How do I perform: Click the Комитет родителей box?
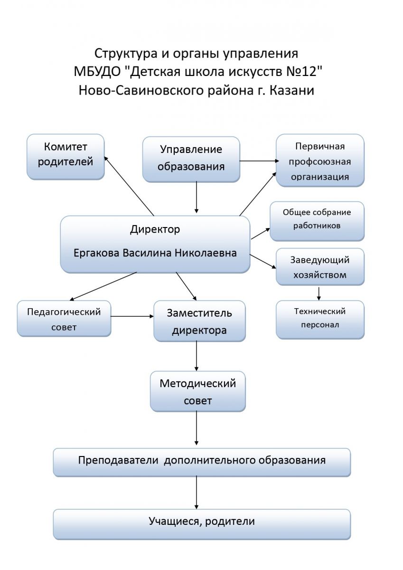coord(65,156)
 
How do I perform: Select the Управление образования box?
coord(191,159)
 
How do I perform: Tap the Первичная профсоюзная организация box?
coord(320,160)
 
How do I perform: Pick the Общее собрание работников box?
coord(317,221)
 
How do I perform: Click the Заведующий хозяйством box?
coord(320,266)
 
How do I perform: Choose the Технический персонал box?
coord(320,319)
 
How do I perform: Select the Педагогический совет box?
coord(64,319)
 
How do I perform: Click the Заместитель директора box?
coord(199,321)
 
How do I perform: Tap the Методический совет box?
coord(197,391)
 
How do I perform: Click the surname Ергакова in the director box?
coord(96,253)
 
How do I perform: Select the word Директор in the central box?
coord(155,229)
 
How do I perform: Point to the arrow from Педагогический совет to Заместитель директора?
coord(132,316)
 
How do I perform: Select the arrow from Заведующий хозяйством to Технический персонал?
coord(319,293)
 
